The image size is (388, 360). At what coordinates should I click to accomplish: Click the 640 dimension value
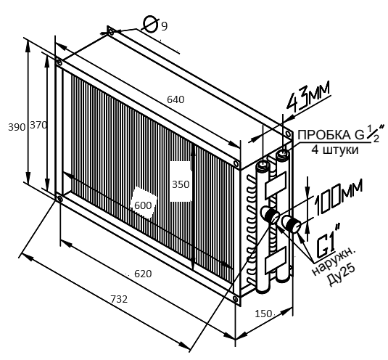pyautogui.click(x=176, y=99)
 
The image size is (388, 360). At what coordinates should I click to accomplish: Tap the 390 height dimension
pyautogui.click(x=17, y=127)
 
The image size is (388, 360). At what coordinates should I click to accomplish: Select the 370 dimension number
pyautogui.click(x=38, y=126)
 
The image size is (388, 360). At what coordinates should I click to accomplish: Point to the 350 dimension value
pyautogui.click(x=181, y=184)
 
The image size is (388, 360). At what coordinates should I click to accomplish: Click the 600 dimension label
pyautogui.click(x=143, y=205)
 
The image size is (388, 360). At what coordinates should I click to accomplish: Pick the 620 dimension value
pyautogui.click(x=143, y=274)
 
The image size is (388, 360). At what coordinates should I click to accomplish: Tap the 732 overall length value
pyautogui.click(x=119, y=299)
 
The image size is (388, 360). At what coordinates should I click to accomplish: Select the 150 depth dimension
pyautogui.click(x=263, y=314)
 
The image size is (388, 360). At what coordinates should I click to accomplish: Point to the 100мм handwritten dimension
pyautogui.click(x=338, y=197)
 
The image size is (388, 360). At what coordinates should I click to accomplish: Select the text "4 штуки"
pyautogui.click(x=335, y=150)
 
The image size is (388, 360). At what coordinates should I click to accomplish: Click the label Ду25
pyautogui.click(x=341, y=274)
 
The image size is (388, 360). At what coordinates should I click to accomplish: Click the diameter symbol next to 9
pyautogui.click(x=151, y=24)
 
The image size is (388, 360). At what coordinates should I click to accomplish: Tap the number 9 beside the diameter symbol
pyautogui.click(x=165, y=26)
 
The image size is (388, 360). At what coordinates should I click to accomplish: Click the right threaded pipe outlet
pyautogui.click(x=292, y=223)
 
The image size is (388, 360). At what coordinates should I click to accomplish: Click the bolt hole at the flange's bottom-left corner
pyautogui.click(x=59, y=198)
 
